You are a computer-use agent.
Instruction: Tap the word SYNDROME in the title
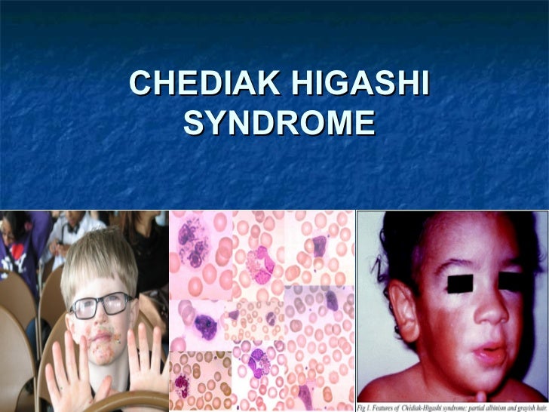pyautogui.click(x=278, y=123)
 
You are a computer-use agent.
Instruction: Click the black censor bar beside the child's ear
pyautogui.click(x=461, y=284)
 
